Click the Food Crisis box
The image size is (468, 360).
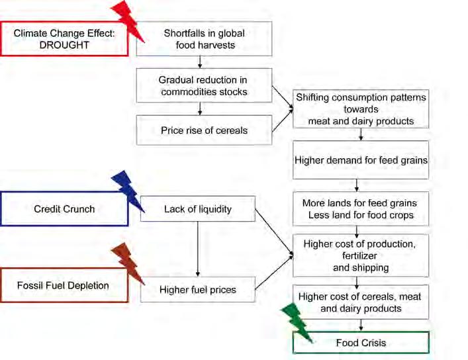coord(361,342)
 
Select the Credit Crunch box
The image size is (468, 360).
coord(64,209)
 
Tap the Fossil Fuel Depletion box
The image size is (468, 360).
coord(64,286)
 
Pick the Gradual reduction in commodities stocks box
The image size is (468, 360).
coord(205,85)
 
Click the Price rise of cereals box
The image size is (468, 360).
coord(205,130)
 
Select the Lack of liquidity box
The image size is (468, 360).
coord(198,209)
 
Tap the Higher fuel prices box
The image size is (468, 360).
coord(198,289)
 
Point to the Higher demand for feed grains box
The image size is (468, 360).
coord(361,159)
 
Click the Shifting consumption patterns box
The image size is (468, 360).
coord(361,109)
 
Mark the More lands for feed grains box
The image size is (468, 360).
coord(361,209)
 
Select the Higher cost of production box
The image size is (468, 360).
coord(361,255)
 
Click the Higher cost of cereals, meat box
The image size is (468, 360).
coord(361,302)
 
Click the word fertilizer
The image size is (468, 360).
coord(360,256)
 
